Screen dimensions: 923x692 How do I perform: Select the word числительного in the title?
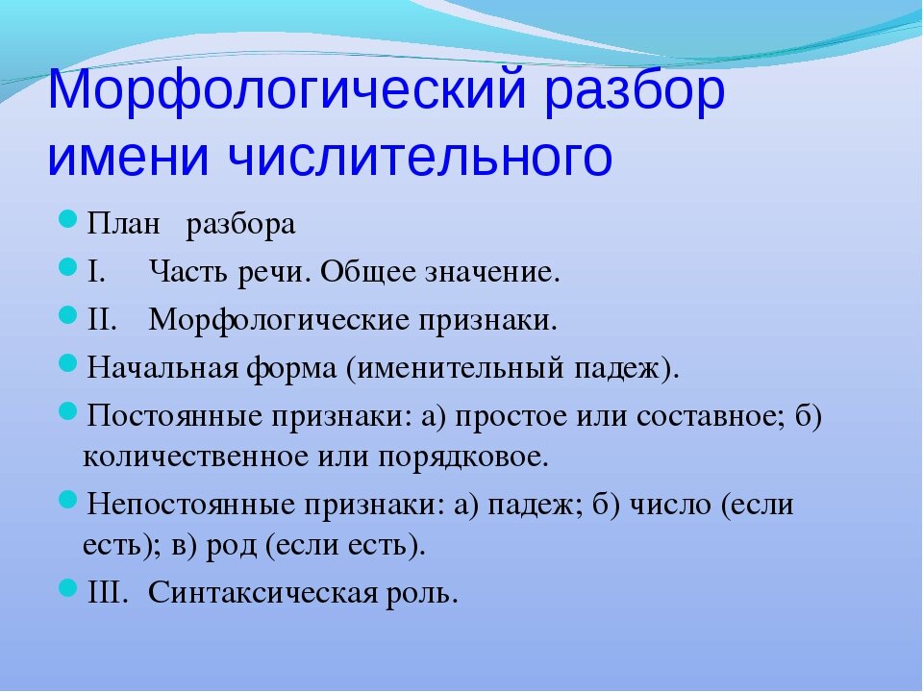click(420, 157)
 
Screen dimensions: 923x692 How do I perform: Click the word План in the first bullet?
click(124, 224)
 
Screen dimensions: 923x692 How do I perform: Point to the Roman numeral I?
click(96, 271)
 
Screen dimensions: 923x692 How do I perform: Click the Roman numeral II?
click(102, 319)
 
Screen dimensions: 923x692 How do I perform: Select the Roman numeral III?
click(107, 592)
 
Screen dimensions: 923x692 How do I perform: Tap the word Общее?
click(368, 272)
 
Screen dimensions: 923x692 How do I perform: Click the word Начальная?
click(162, 368)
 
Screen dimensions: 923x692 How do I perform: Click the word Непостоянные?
click(190, 505)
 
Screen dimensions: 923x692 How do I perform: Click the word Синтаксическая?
click(262, 592)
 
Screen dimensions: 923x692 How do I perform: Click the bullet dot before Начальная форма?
click(68, 363)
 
